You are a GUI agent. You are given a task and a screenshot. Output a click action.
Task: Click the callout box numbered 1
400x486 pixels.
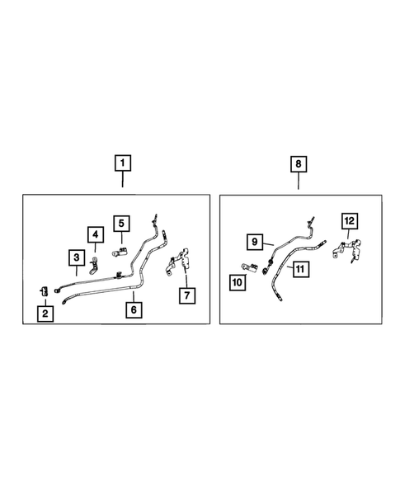[122, 163]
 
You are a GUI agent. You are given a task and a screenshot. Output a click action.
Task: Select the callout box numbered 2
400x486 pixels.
[45, 313]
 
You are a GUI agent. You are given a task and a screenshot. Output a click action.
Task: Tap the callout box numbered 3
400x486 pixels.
[75, 257]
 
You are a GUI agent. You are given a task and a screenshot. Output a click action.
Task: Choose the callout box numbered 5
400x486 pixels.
[120, 222]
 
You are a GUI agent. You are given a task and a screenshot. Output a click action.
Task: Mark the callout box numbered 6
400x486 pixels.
[131, 310]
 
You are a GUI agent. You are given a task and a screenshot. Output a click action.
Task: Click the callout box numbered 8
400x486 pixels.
[298, 163]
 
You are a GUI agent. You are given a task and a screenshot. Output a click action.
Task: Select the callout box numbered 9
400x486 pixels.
[256, 242]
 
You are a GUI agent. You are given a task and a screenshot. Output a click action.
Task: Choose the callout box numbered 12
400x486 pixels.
[349, 221]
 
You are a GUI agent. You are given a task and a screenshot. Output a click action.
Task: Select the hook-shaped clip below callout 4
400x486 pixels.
[95, 263]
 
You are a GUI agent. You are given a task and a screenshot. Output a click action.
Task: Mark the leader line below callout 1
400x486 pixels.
[122, 183]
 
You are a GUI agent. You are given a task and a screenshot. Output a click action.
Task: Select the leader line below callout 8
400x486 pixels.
[298, 183]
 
